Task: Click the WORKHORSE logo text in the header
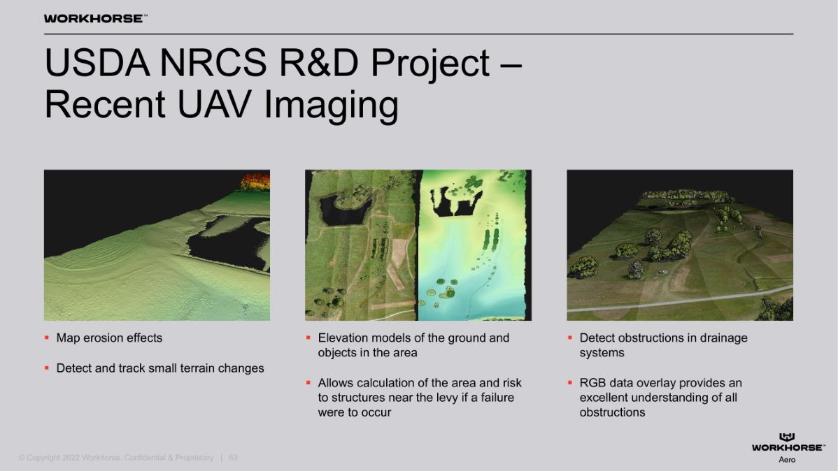point(95,19)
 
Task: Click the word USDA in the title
point(97,63)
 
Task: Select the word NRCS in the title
point(213,63)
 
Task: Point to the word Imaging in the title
point(332,106)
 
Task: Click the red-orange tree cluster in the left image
point(255,182)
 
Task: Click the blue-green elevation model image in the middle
point(474,245)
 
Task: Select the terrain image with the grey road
point(680,245)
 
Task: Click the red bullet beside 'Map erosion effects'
point(46,338)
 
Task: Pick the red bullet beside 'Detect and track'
point(46,368)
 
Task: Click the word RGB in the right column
point(592,384)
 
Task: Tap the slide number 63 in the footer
point(233,458)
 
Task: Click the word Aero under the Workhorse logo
point(787,460)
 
